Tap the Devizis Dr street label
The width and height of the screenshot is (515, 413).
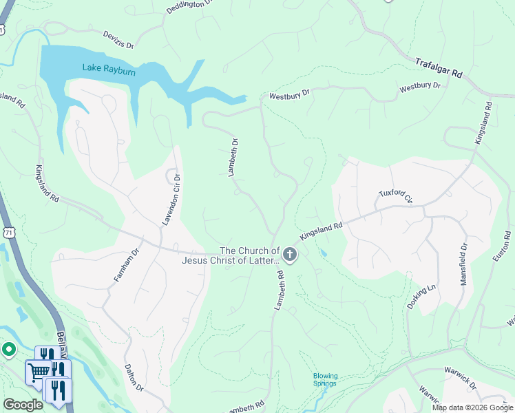(x=118, y=39)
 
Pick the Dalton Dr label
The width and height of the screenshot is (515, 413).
(x=134, y=378)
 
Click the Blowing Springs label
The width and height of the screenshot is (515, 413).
(x=325, y=380)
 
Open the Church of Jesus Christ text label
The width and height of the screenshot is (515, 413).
(x=231, y=255)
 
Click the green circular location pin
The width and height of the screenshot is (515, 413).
(x=8, y=350)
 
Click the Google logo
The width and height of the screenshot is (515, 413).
(x=23, y=405)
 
